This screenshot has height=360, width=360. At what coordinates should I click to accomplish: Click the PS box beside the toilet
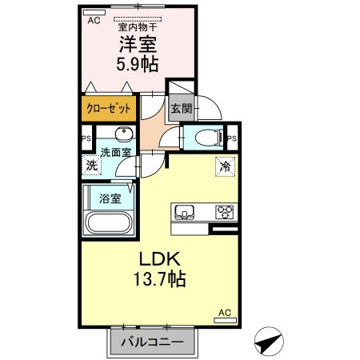[x=231, y=138]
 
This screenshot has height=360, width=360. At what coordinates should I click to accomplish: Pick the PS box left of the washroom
[x=86, y=138]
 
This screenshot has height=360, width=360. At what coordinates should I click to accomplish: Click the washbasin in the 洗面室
[x=123, y=134]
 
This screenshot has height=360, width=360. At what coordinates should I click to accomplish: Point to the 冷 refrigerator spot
[x=225, y=168]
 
